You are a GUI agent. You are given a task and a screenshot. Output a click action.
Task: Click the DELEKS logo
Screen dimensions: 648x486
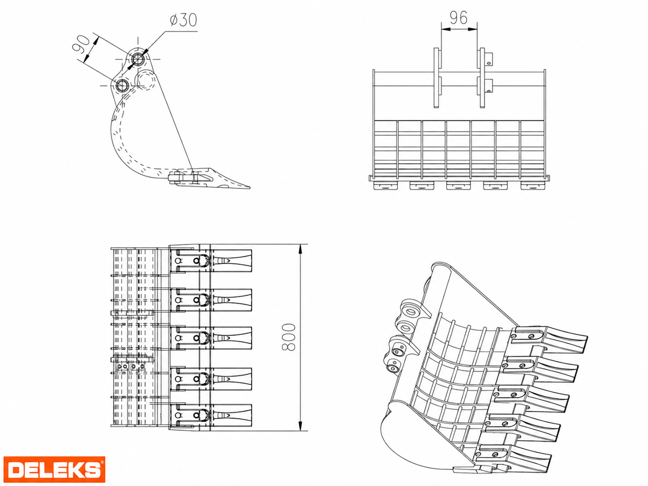54,469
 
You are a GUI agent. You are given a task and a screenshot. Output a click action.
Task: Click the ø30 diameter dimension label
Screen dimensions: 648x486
183,20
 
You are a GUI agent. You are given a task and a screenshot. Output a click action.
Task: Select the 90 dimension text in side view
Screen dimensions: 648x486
81,44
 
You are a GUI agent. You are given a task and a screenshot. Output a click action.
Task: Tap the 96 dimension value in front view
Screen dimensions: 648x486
458,18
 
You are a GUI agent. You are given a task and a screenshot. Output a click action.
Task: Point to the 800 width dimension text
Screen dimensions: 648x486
288,337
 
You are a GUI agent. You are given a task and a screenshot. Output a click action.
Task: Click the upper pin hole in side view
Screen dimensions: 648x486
137,59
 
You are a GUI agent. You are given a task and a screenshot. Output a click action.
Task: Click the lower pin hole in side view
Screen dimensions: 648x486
121,85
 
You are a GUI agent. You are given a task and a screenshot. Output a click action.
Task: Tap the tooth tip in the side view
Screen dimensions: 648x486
249,187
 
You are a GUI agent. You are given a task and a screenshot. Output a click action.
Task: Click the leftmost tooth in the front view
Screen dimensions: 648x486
386,185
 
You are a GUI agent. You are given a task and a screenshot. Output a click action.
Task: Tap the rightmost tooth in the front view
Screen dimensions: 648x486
533,185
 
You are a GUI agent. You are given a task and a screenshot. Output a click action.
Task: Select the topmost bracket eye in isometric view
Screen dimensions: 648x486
411,310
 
